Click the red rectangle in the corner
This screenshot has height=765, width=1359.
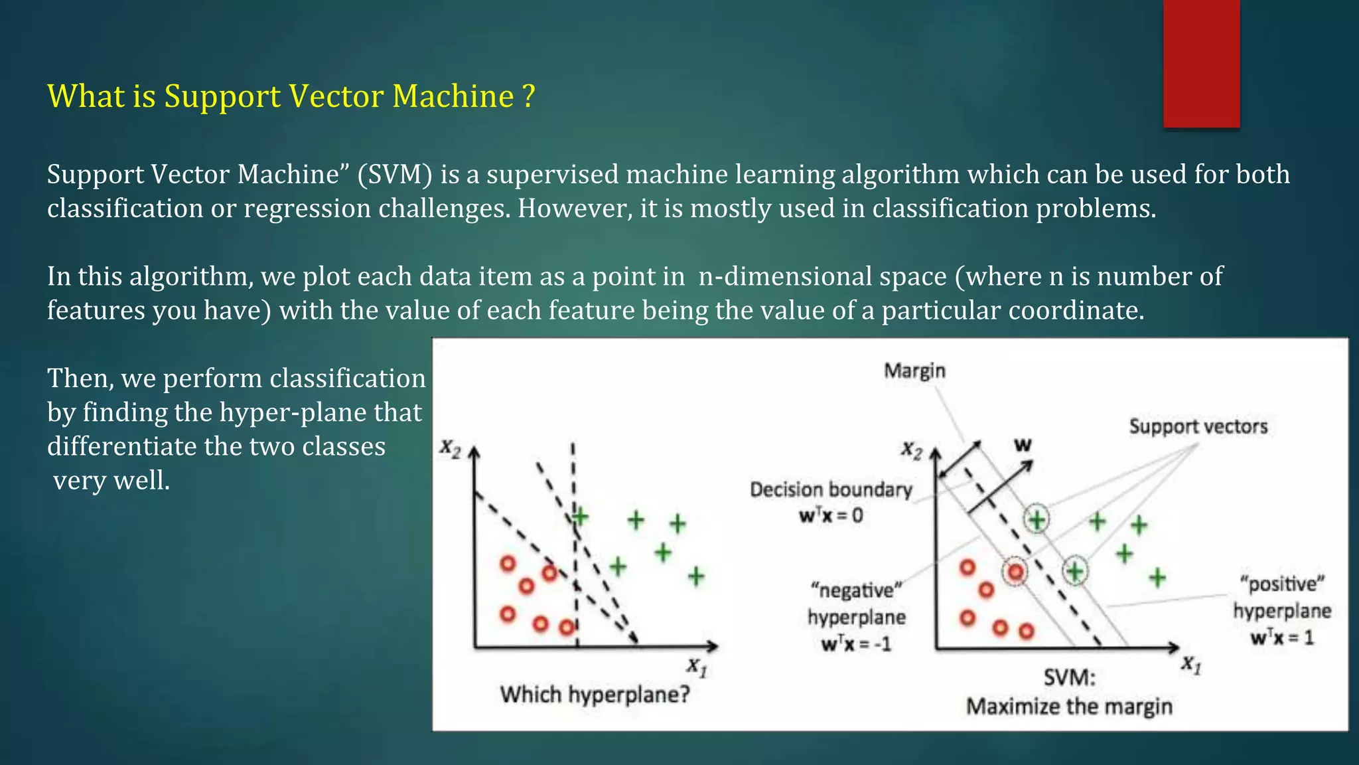(1201, 63)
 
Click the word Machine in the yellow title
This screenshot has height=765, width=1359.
(453, 97)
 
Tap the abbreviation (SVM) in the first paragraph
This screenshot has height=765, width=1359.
(395, 175)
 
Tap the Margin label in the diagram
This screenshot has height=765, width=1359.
(914, 371)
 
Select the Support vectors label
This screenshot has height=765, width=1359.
(1198, 426)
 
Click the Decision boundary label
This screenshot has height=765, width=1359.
(831, 490)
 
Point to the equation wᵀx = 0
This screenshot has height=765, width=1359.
(831, 515)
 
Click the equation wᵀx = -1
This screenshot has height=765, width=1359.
(856, 643)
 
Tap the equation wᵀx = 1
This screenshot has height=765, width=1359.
(1281, 638)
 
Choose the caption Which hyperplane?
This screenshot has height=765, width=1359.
(595, 695)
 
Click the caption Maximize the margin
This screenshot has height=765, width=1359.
(1069, 706)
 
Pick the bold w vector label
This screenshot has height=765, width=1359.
(1023, 446)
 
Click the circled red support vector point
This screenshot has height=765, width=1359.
(1015, 572)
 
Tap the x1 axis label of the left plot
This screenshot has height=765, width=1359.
(697, 666)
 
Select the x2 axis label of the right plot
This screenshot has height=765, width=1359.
(912, 452)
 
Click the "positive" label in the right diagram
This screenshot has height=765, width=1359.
(1282, 584)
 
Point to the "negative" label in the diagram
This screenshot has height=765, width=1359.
(856, 590)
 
